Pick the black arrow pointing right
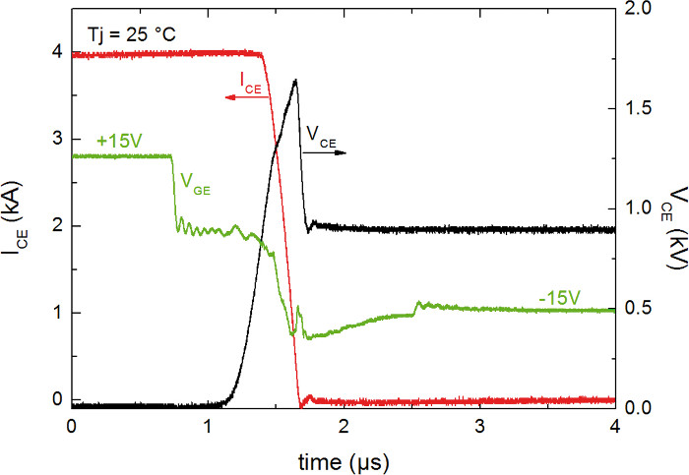[x=336, y=154]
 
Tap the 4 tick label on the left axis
[x=54, y=52]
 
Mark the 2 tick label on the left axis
[x=54, y=226]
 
